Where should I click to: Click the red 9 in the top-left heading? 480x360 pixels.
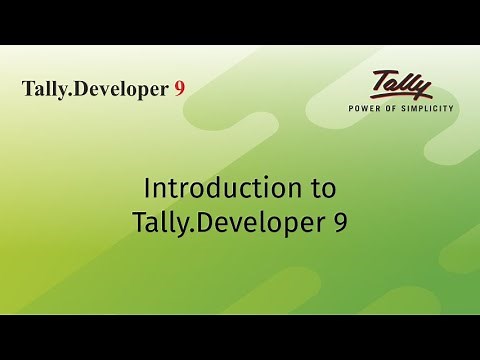click(x=179, y=88)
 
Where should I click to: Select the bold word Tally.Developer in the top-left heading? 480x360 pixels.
click(x=95, y=89)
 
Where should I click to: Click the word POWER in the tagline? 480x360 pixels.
click(x=364, y=107)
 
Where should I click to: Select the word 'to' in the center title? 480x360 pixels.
click(x=321, y=188)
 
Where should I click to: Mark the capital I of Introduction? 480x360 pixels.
click(x=147, y=188)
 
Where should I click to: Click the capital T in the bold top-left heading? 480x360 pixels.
click(x=28, y=88)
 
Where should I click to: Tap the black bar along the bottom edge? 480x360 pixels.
click(x=240, y=337)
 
